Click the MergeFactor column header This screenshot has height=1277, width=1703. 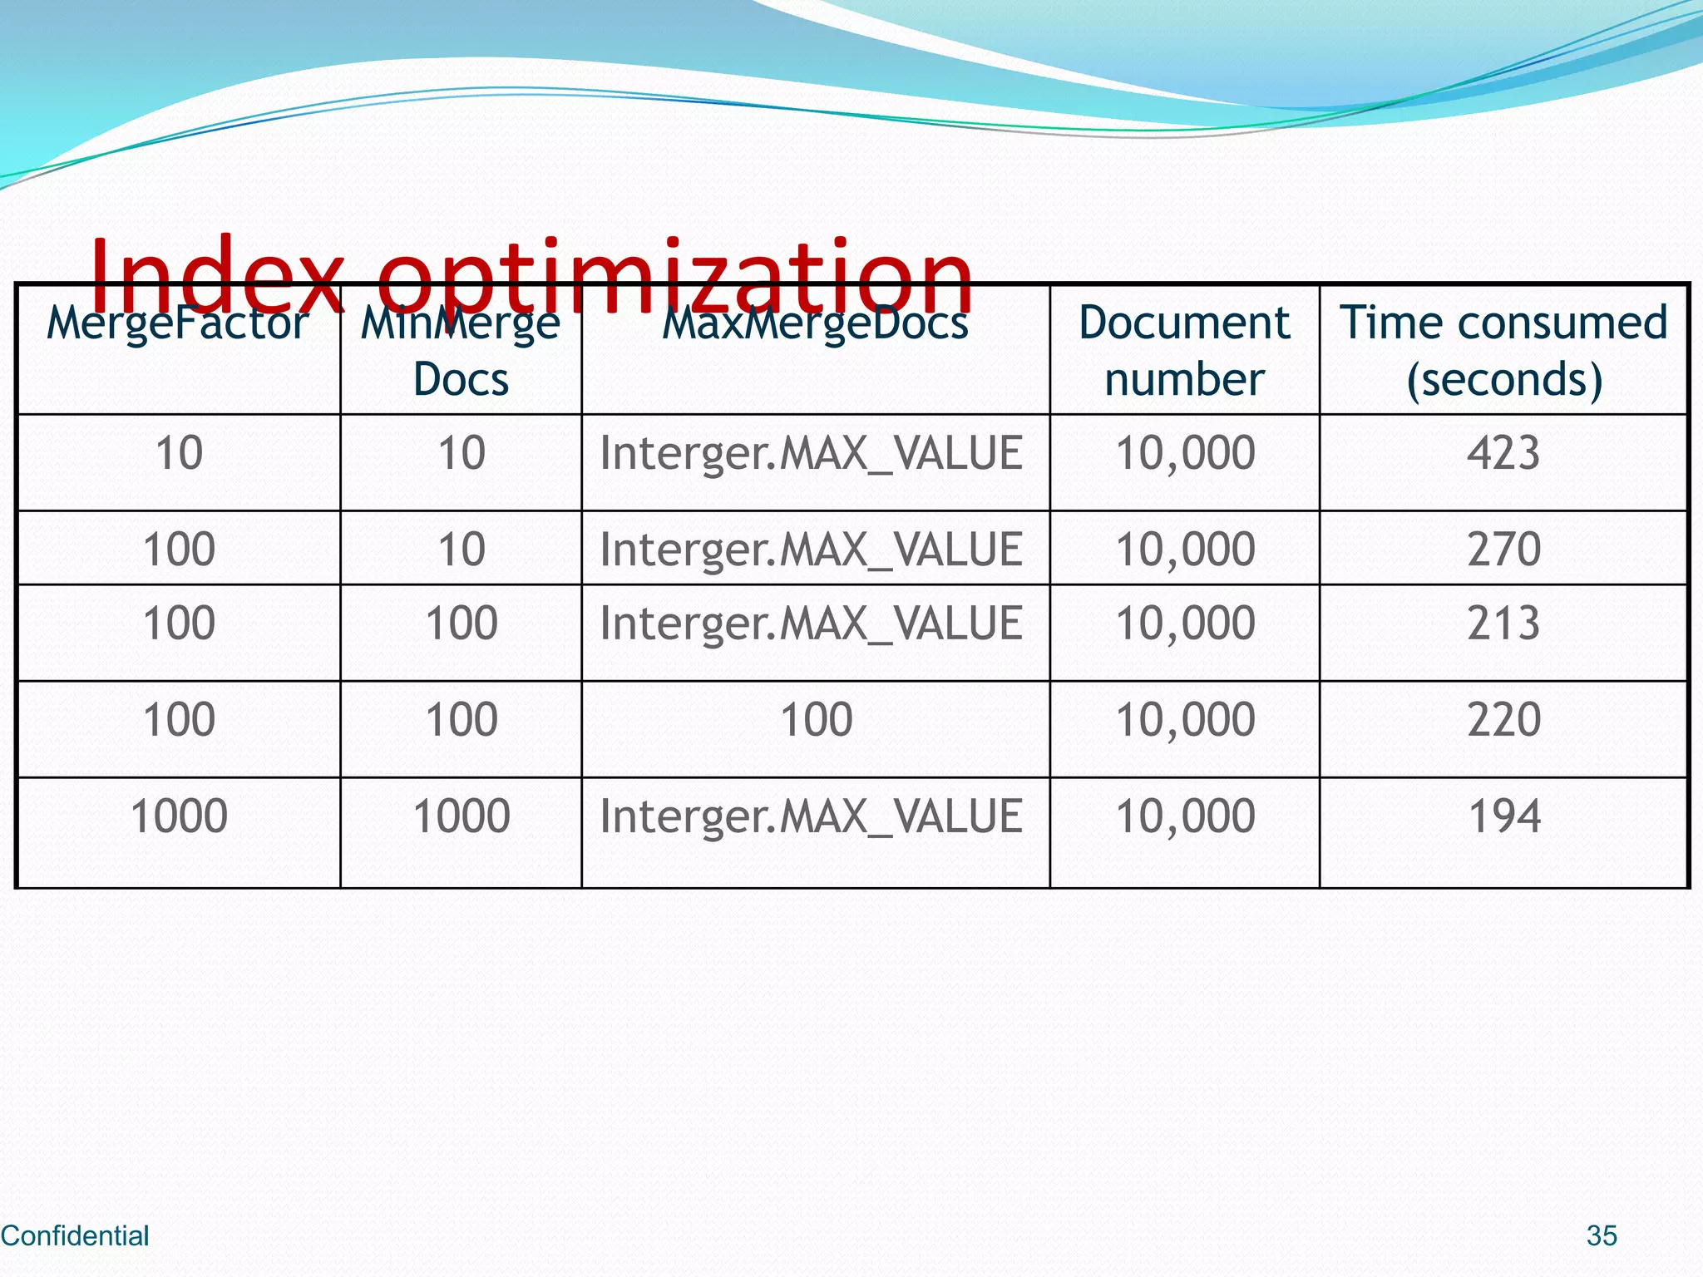(178, 323)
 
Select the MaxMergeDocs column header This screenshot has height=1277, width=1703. (815, 323)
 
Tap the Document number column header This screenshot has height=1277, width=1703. (1184, 350)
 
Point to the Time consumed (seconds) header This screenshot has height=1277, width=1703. (1503, 350)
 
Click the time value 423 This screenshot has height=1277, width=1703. (1503, 453)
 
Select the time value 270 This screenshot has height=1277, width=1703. (1503, 550)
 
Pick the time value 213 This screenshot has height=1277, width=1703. (1503, 624)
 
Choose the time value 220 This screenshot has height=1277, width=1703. (1503, 720)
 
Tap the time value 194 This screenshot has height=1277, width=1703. (1503, 816)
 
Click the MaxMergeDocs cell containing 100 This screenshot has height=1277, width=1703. (816, 720)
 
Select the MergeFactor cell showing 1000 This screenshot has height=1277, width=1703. (179, 816)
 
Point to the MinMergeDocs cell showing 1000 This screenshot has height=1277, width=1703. (462, 816)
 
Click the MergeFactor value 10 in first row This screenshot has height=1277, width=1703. (179, 453)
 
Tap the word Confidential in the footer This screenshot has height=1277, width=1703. (75, 1235)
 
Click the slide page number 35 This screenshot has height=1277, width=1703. (1602, 1235)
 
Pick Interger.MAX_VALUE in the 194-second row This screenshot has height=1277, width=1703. (811, 816)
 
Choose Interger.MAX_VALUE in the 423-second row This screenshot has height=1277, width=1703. (811, 453)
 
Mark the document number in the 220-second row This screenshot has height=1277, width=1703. (1185, 720)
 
